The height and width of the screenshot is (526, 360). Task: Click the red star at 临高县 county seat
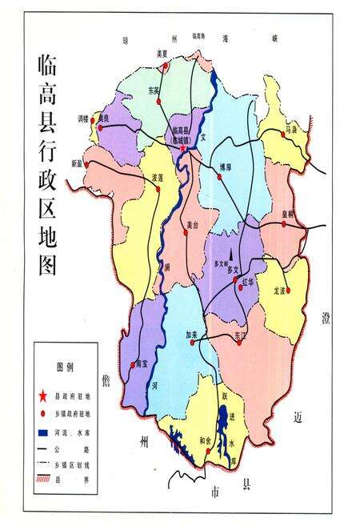pos(183,148)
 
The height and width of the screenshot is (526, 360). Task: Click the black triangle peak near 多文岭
pos(227,259)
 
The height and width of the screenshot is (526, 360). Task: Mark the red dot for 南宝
pos(133,365)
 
